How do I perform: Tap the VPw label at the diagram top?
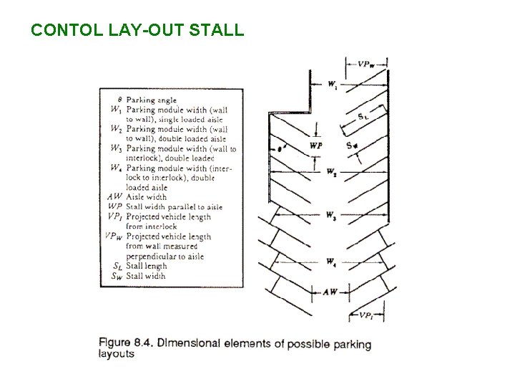(366, 64)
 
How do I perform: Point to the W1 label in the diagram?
(333, 85)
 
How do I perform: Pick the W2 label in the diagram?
(331, 172)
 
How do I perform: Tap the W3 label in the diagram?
(330, 215)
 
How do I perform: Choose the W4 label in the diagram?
(331, 262)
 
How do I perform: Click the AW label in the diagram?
(330, 292)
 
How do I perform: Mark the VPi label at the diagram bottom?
(366, 315)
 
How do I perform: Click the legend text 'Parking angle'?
(152, 100)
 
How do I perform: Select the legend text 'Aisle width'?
(147, 197)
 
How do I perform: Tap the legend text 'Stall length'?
(146, 266)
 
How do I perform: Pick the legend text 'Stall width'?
(145, 275)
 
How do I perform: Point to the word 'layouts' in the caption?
(116, 354)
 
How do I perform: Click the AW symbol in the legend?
(115, 197)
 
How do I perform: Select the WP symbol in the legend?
(116, 207)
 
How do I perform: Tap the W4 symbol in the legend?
(116, 168)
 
